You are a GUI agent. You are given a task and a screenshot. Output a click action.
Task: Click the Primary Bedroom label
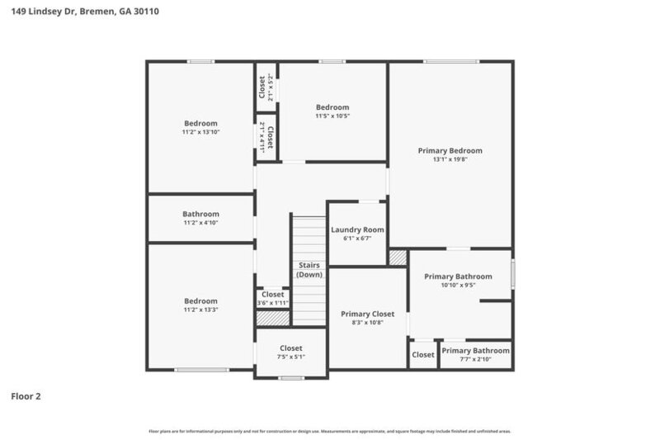tap(450, 151)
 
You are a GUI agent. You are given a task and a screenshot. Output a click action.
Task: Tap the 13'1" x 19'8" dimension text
tap(450, 159)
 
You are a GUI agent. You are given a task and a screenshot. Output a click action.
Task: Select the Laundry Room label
tap(357, 229)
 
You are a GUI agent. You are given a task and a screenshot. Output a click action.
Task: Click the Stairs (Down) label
tap(309, 270)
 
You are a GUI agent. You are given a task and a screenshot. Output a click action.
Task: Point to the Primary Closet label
tap(367, 314)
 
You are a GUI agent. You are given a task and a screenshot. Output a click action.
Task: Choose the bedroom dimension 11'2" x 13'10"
tap(200, 132)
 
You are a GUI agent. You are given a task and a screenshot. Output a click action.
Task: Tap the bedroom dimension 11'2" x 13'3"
tap(200, 310)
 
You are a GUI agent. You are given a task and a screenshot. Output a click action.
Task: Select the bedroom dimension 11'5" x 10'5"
tap(332, 116)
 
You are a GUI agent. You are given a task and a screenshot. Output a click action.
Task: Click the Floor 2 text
tap(26, 396)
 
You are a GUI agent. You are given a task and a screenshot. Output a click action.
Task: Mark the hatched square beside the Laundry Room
tap(398, 258)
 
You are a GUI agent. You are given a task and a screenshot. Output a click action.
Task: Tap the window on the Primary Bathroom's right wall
tap(512, 273)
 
